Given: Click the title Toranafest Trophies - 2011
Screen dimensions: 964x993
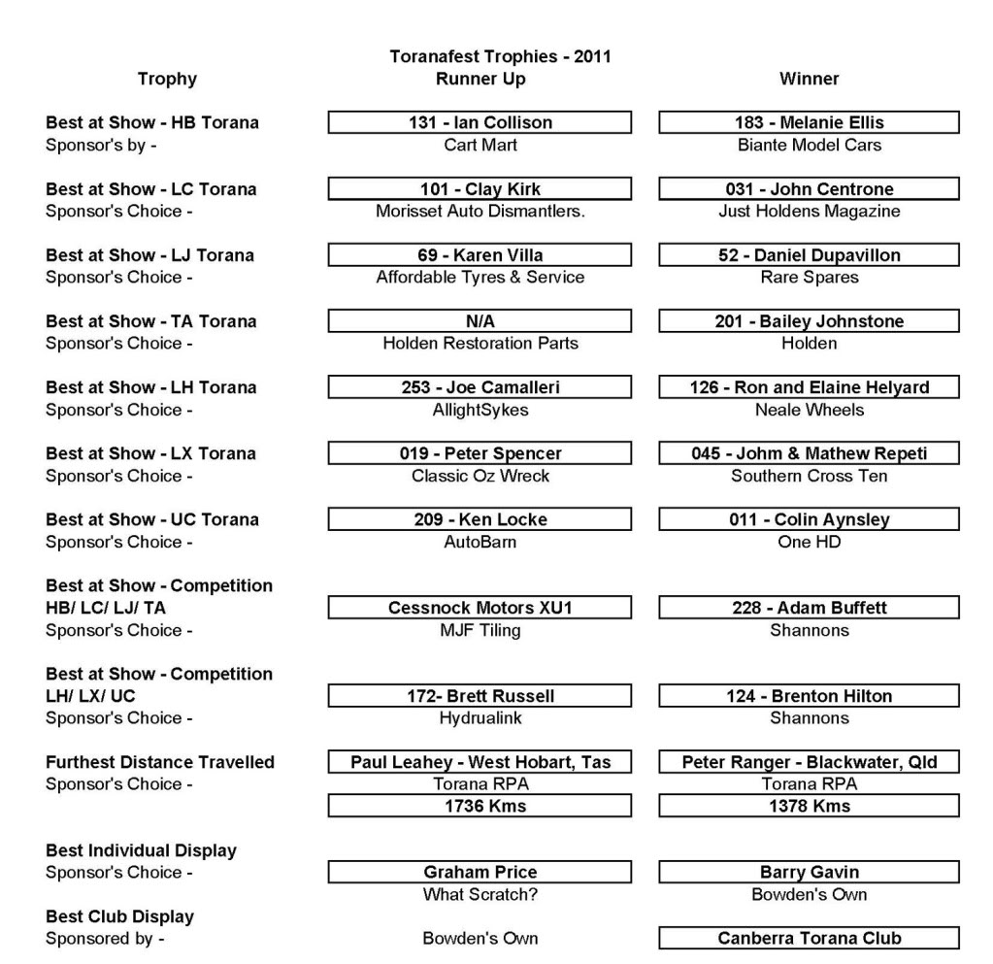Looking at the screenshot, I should [500, 57].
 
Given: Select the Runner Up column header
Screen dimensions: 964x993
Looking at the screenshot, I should [480, 80].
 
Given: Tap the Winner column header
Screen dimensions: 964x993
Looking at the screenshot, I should [809, 80].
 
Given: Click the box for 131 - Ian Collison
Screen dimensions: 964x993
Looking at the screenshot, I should [480, 123].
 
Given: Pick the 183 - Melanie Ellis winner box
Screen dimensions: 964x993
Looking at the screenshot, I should [809, 123].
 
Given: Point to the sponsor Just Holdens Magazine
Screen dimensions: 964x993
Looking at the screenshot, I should [809, 212].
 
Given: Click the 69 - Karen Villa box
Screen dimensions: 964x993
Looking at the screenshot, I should [480, 255].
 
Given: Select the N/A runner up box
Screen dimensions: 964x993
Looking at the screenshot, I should [480, 321].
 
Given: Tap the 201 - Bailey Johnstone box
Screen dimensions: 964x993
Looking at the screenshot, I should [809, 321].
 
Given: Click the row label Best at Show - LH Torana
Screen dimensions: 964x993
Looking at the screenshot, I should [150, 388].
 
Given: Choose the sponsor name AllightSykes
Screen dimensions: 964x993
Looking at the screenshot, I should [480, 410].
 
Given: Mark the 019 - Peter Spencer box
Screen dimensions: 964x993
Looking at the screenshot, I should [480, 453].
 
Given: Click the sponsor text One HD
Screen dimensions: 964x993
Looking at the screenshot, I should [809, 543].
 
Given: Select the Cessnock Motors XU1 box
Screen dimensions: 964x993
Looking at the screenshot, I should [480, 609].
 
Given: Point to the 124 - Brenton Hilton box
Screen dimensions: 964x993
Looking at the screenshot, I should [809, 696].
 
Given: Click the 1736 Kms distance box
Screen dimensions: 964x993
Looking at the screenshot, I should [480, 806].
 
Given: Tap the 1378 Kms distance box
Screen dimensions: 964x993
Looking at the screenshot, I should [809, 806].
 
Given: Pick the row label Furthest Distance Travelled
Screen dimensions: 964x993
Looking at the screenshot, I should [160, 763].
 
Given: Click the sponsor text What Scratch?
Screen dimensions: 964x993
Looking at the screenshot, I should [480, 894].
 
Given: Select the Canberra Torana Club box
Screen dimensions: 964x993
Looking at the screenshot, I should [809, 939].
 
